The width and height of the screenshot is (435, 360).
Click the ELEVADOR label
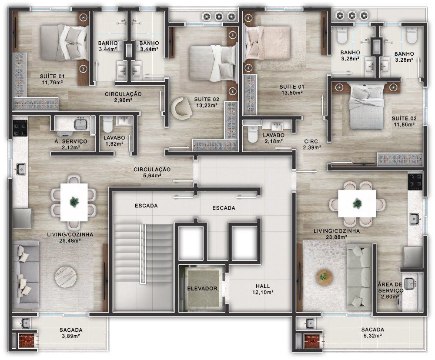coord(202,288)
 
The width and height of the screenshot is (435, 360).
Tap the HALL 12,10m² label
coord(263,289)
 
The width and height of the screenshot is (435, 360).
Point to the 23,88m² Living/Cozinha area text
coord(337,237)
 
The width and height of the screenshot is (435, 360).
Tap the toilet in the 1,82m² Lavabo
coord(107,124)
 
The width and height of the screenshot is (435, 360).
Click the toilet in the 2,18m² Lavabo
coord(252,134)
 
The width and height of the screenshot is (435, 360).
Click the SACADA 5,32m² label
coord(373,333)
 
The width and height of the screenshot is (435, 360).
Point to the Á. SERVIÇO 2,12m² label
coord(71,144)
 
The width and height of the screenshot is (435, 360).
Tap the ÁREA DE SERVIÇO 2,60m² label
coord(390,290)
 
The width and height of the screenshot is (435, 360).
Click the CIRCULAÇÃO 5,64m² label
coord(152,172)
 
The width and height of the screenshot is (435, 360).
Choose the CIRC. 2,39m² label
coord(312,144)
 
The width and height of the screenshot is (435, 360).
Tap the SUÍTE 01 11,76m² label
coord(52,79)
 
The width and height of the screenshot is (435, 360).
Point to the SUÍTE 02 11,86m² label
coord(404,121)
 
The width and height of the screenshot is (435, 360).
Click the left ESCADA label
coord(146,206)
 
